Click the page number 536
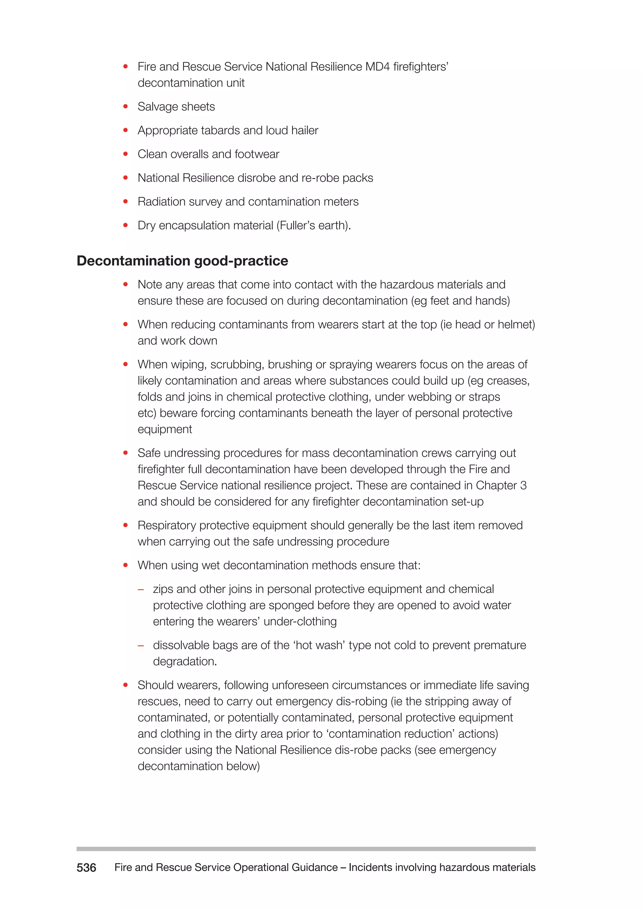(86, 868)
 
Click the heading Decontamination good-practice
(182, 261)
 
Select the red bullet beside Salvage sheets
(126, 106)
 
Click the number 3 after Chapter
(523, 485)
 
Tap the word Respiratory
(167, 525)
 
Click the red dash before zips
(141, 589)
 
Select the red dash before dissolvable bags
(141, 646)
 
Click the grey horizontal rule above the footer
(306, 849)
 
